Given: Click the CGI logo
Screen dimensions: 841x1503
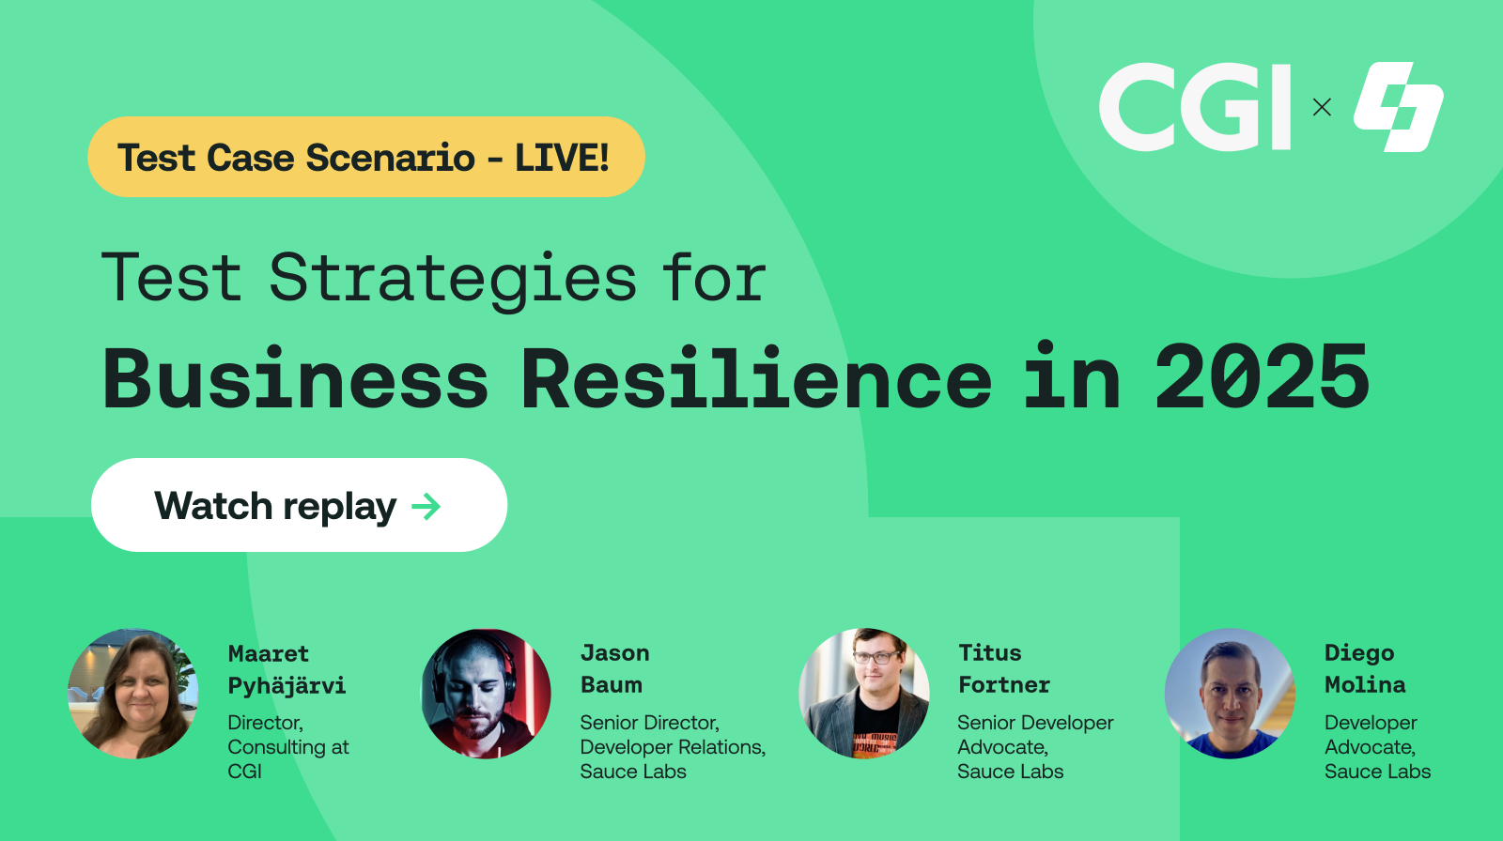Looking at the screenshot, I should click(1195, 107).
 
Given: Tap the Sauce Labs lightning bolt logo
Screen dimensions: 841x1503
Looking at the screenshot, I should click(1398, 107).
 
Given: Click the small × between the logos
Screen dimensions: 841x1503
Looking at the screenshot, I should click(1322, 107).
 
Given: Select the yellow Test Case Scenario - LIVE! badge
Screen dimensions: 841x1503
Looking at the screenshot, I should click(365, 157).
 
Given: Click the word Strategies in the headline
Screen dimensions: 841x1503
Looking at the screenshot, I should click(453, 279).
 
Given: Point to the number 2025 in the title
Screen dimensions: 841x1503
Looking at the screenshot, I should click(1262, 378).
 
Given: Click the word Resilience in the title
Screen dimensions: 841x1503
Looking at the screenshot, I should click(755, 378).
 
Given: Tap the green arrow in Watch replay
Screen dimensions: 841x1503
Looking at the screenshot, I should click(426, 507).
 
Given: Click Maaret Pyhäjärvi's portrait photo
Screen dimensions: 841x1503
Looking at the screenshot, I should click(133, 694).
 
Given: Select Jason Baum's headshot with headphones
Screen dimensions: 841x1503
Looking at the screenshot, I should click(486, 694).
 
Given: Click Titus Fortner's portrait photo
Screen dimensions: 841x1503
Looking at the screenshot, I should click(863, 694).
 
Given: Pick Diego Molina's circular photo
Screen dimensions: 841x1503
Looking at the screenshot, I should click(1230, 694).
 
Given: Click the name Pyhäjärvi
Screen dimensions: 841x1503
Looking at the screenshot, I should click(287, 686).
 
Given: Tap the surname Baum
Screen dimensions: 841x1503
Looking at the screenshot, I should click(611, 685).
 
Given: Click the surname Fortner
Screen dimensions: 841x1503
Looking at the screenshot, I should click(1003, 685).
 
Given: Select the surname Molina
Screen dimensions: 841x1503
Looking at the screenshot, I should click(1365, 685).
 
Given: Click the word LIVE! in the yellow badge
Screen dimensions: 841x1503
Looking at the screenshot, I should click(562, 158).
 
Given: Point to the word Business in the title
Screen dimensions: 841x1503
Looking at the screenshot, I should click(296, 378).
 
